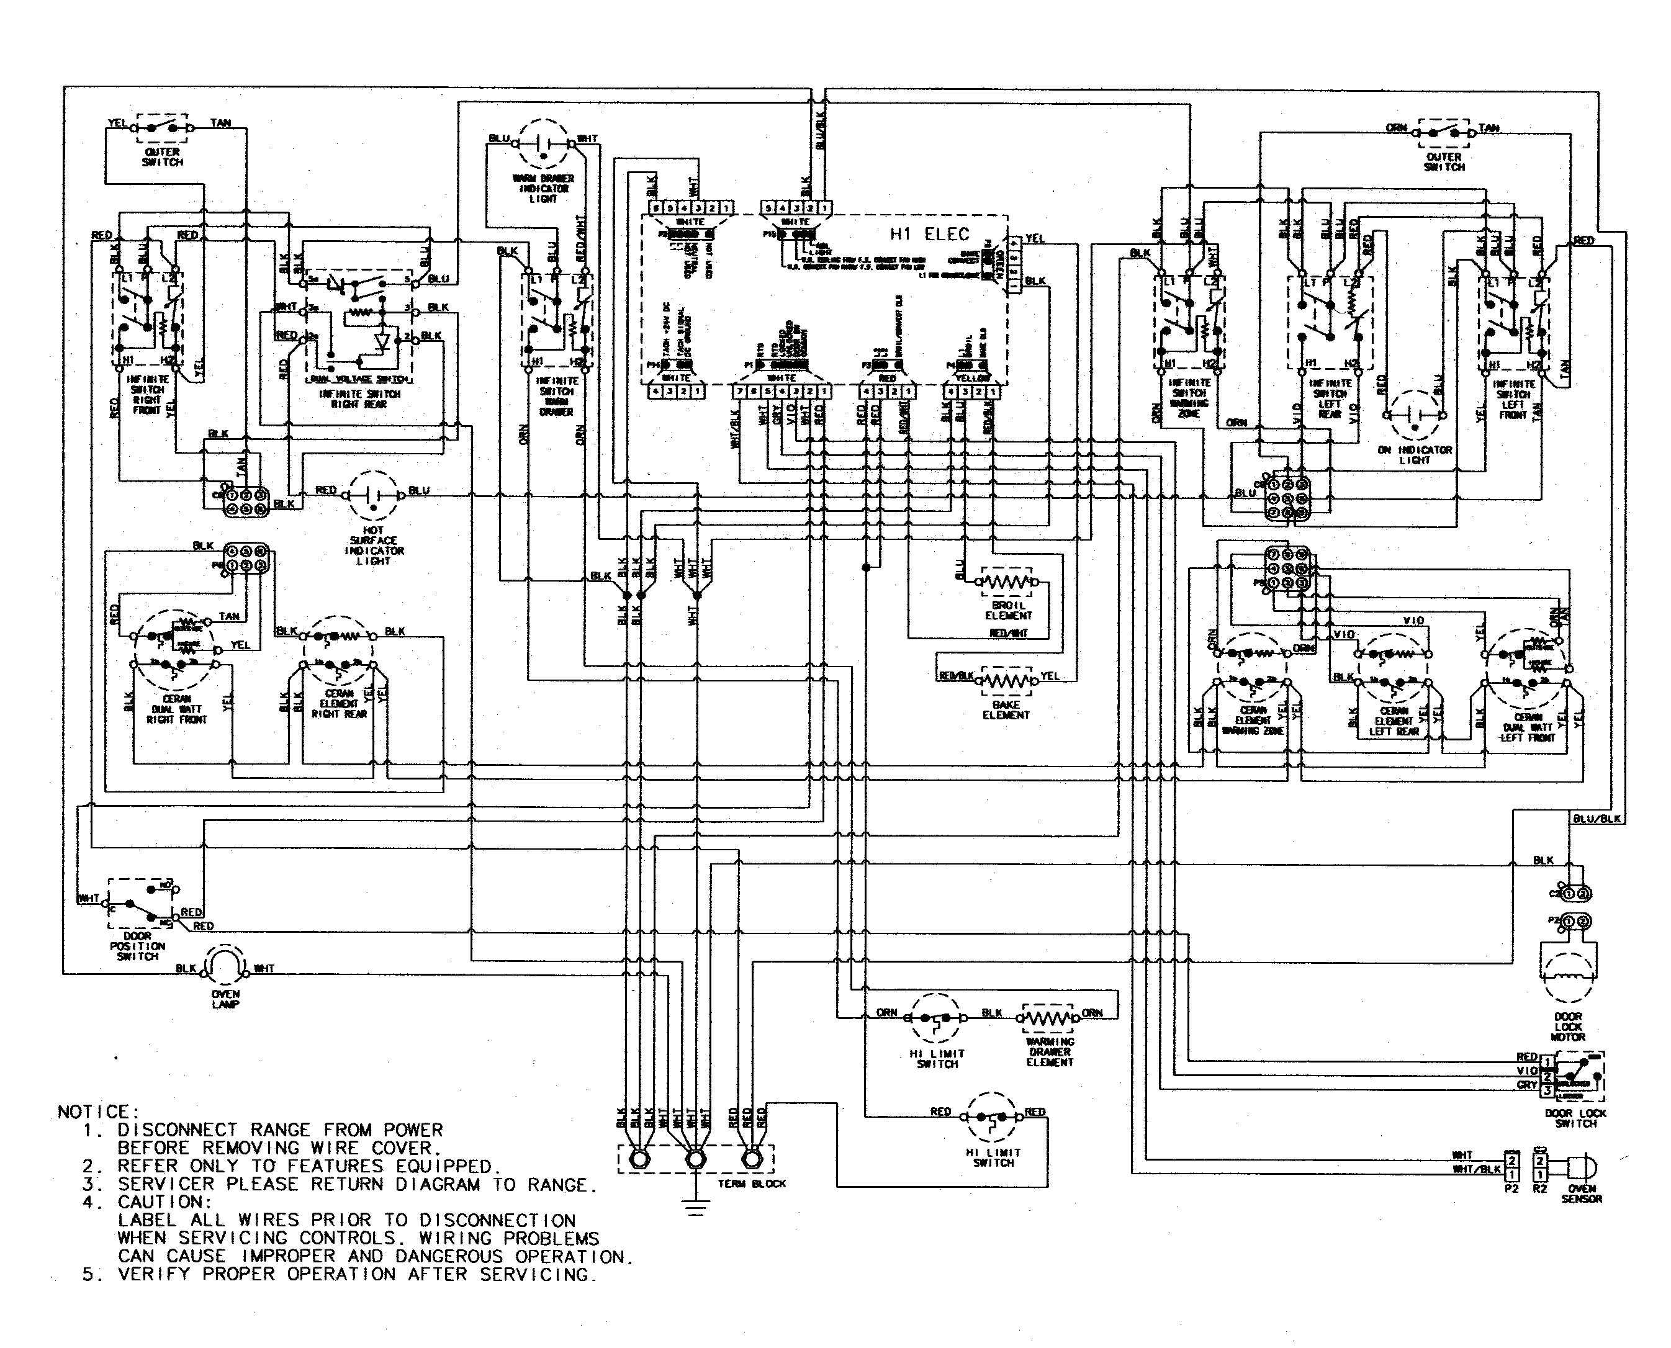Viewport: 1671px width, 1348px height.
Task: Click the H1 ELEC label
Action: [x=929, y=234]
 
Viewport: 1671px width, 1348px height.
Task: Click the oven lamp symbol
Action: [x=225, y=968]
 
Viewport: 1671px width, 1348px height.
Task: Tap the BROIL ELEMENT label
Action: [x=1008, y=610]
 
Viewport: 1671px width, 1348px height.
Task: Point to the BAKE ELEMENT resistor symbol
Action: [x=1007, y=680]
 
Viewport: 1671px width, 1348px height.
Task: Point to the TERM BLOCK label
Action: [x=751, y=1184]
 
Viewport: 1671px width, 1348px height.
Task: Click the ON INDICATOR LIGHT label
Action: [x=1415, y=455]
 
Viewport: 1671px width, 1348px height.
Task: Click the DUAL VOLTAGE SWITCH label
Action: [x=360, y=380]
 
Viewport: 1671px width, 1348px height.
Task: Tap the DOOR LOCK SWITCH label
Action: [x=1575, y=1118]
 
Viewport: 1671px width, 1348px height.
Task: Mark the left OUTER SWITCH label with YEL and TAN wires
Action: [x=162, y=157]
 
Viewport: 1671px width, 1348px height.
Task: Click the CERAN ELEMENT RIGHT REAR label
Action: [x=340, y=704]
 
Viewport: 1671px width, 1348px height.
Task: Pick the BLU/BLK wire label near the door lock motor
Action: [x=1597, y=819]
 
